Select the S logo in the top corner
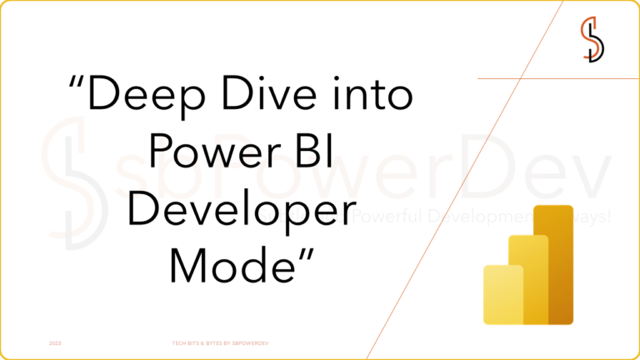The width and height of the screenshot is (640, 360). [592, 37]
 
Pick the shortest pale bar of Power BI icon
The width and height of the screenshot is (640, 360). [503, 293]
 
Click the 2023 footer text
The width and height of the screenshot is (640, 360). [55, 342]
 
